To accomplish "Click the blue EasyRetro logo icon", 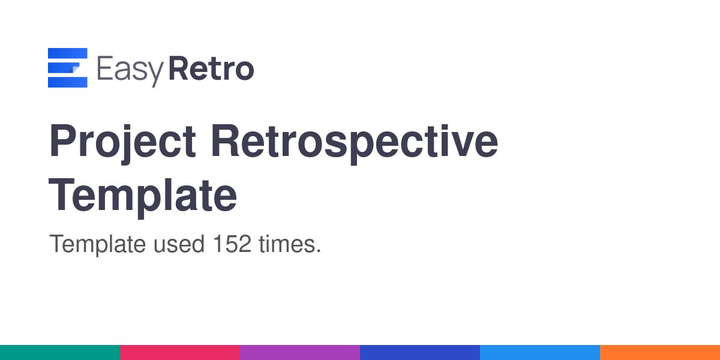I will [68, 68].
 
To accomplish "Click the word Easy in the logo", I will [130, 70].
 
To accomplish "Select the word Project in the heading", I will [122, 143].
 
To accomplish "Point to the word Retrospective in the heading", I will [355, 143].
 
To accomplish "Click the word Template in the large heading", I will [143, 195].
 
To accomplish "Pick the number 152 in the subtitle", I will [232, 245].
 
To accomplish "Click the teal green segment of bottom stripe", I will [60, 352].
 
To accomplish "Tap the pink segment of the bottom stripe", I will [180, 352].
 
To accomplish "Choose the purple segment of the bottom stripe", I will [300, 352].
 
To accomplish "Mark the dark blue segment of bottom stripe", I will [420, 352].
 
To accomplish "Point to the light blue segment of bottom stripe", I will [540, 352].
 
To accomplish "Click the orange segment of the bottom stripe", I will [660, 352].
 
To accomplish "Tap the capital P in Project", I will [62, 143].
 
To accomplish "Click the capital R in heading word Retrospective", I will [226, 143].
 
